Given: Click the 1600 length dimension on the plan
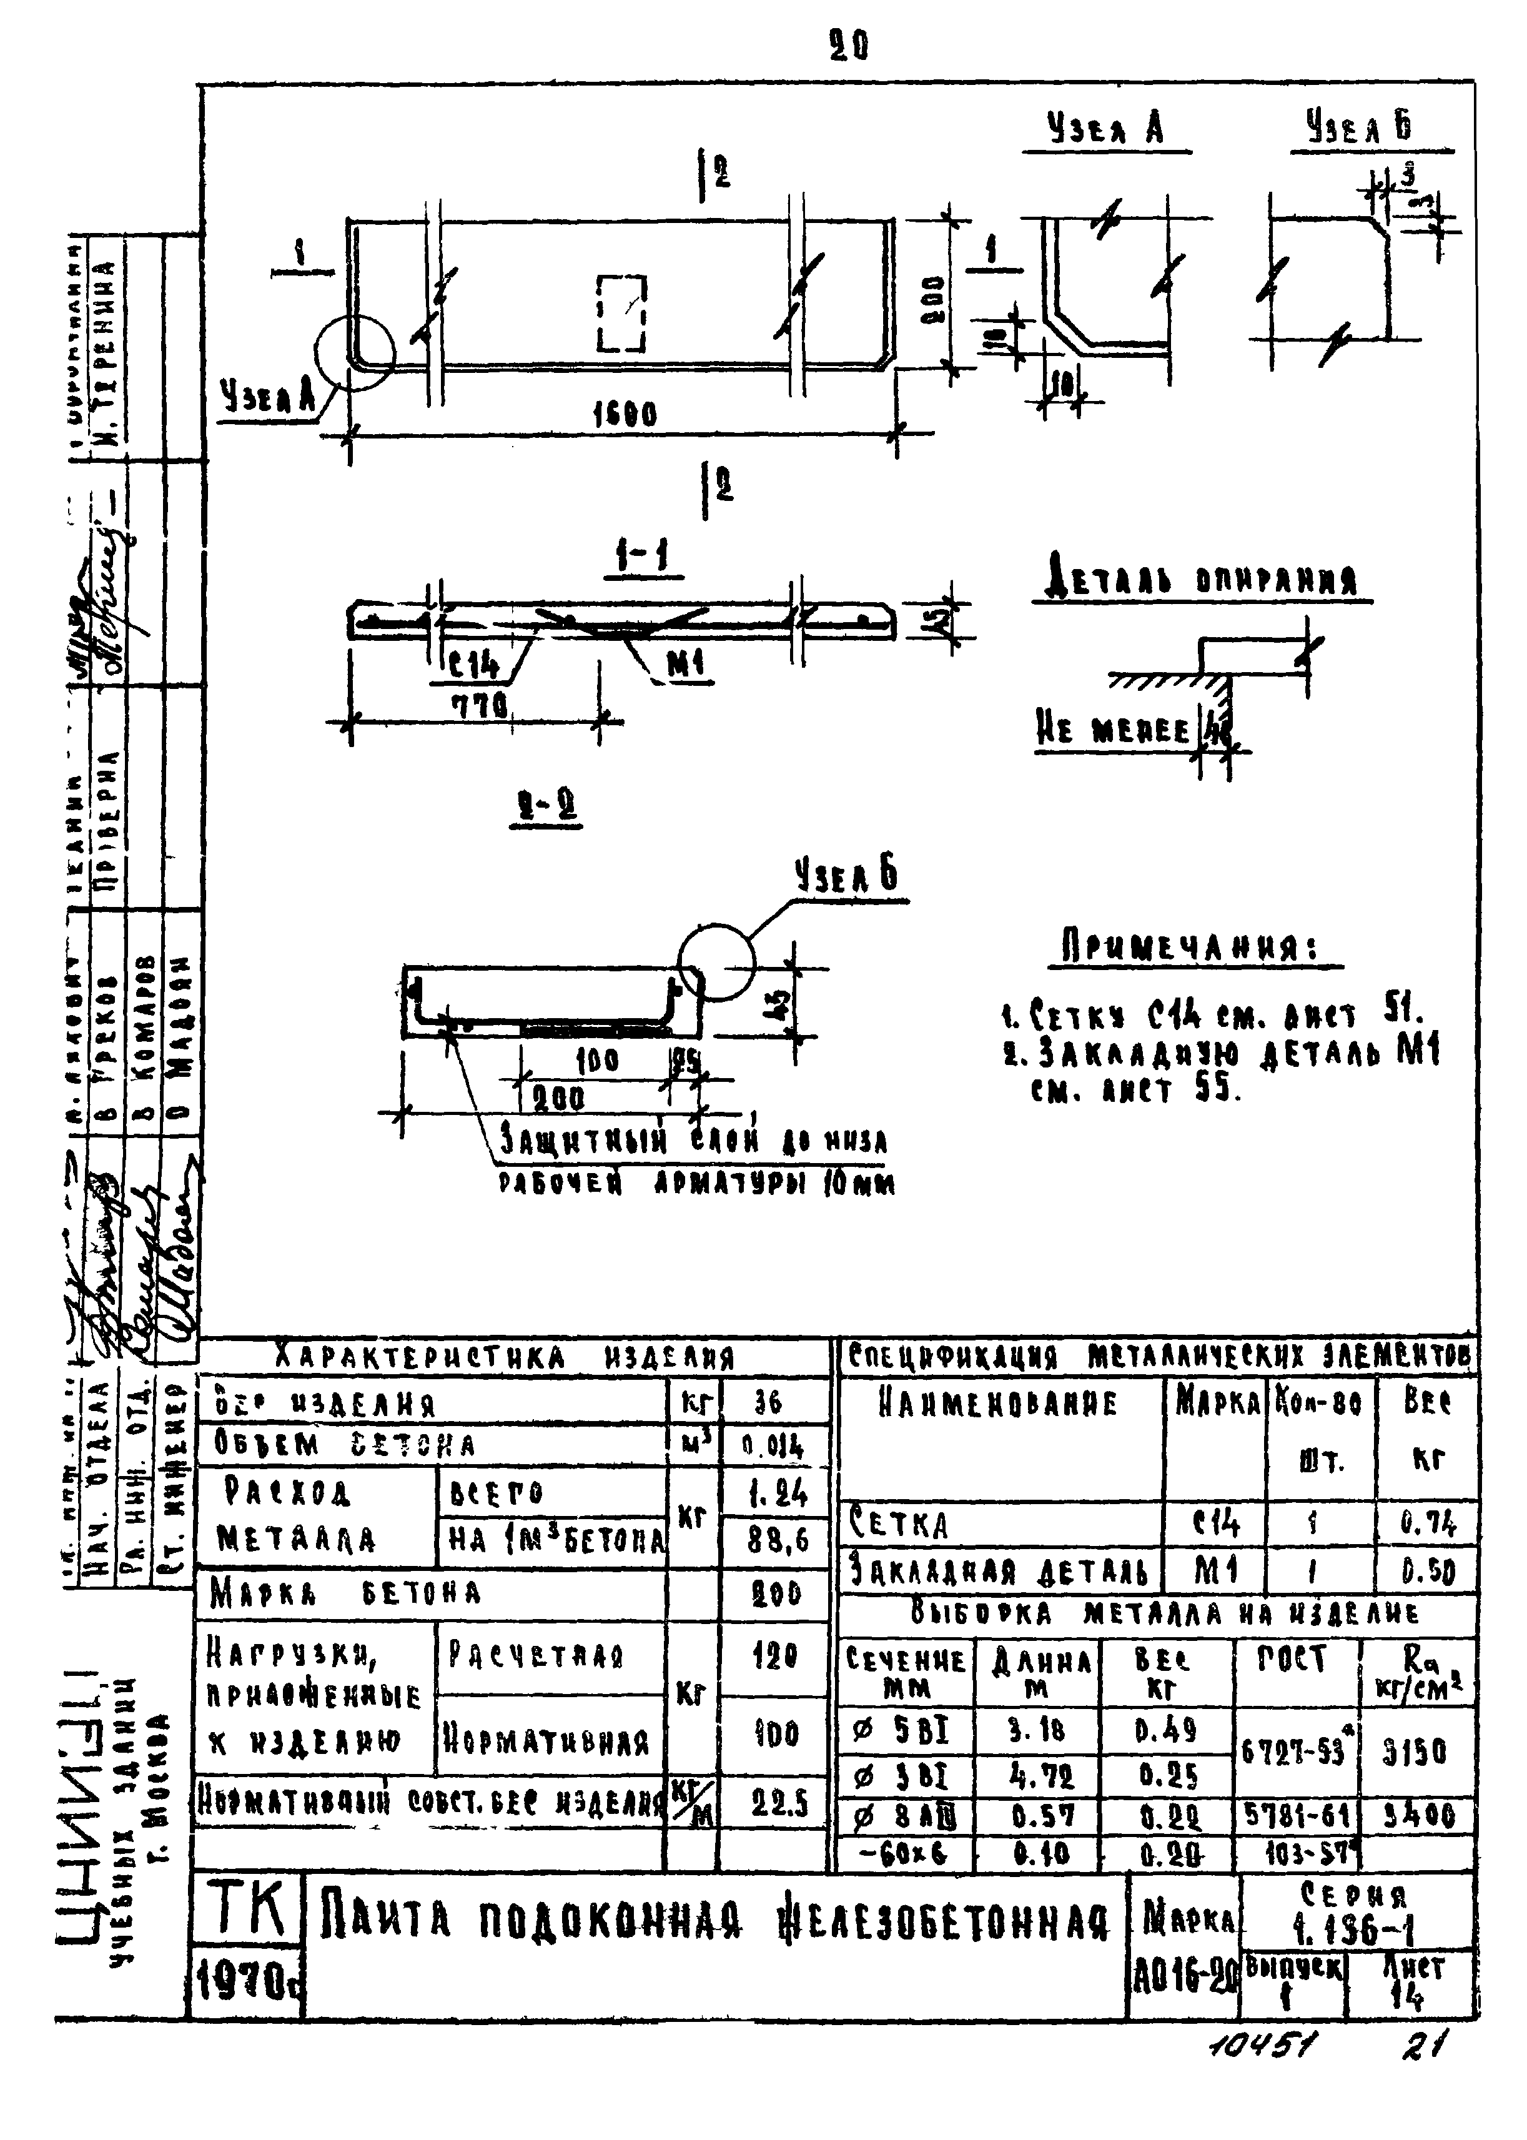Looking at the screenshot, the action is [625, 415].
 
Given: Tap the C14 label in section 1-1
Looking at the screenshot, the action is [474, 666].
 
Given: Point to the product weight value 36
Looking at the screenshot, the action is [768, 1403].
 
